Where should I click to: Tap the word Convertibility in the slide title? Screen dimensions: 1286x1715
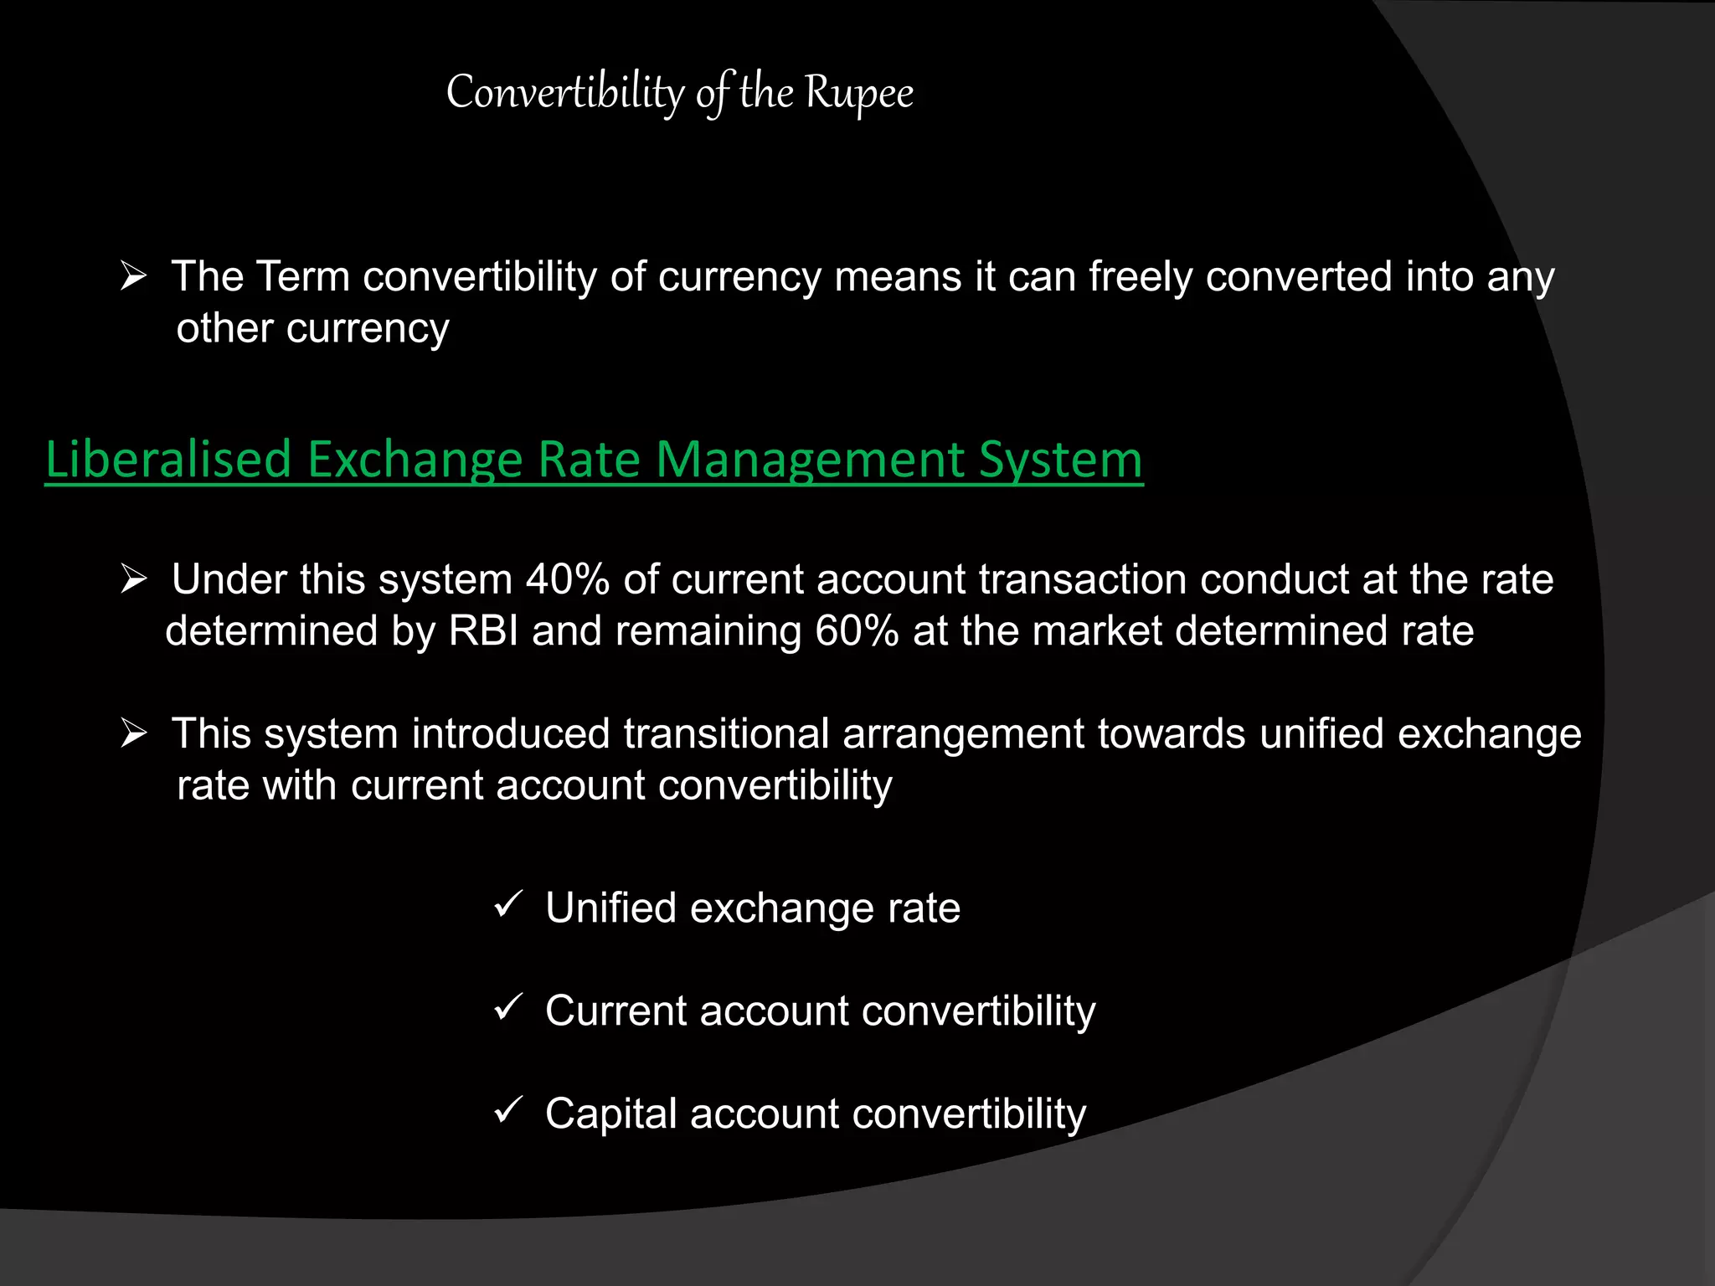coord(565,92)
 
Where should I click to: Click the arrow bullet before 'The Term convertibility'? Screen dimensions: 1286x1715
coord(133,275)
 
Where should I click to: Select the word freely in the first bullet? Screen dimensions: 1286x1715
coord(1140,277)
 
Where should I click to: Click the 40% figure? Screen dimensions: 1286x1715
coord(567,579)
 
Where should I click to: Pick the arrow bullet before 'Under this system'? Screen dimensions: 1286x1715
coord(133,579)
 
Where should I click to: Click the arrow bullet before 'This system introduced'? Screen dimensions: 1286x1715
coord(133,733)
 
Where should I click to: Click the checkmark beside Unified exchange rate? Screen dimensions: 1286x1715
coord(508,904)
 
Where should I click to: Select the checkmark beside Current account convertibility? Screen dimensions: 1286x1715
coord(508,1007)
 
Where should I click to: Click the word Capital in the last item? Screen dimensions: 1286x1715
coord(610,1114)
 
